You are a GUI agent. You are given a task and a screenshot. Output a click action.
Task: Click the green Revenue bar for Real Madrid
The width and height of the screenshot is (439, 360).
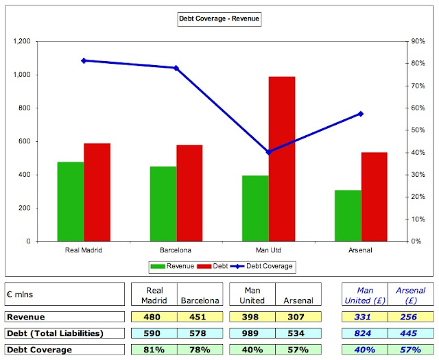tap(71, 202)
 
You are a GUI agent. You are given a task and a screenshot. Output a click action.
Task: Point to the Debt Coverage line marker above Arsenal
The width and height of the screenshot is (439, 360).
tap(361, 114)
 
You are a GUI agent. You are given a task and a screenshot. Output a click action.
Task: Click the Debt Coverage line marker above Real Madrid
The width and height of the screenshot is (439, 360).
tap(84, 60)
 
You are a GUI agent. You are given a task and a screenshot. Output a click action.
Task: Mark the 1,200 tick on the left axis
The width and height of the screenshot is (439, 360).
tap(23, 41)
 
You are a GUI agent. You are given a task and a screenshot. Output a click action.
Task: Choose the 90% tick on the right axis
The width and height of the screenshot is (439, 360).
tap(417, 41)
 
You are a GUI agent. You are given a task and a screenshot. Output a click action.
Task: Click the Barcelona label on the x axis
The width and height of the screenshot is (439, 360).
tap(176, 250)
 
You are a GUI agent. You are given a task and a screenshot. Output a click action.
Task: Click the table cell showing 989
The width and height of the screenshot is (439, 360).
tap(252, 333)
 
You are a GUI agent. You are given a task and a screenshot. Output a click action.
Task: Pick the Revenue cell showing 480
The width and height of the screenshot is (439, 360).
tap(154, 317)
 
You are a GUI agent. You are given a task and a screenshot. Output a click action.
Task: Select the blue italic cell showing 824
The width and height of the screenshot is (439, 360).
tap(364, 333)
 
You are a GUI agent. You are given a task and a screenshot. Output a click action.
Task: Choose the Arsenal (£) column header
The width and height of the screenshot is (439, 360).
tap(410, 295)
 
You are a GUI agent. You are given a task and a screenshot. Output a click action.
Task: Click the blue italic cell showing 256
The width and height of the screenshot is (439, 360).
tap(410, 317)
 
